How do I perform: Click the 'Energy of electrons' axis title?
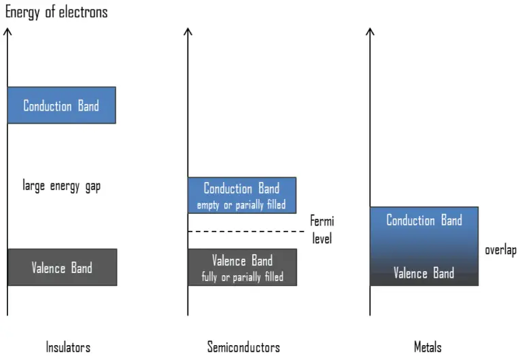point(56,12)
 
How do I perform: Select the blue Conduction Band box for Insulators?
point(61,105)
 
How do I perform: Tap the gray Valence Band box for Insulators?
point(62,267)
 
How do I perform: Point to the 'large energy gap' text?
point(61,186)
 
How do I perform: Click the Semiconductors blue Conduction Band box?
point(241,195)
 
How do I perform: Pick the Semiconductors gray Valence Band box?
point(242,267)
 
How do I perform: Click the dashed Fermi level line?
point(245,232)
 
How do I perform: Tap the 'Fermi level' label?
point(321,230)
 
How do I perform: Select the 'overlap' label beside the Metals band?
point(500,250)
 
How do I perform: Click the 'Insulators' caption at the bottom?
point(68,347)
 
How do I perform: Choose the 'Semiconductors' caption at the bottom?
point(243,347)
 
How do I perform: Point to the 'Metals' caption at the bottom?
point(428,347)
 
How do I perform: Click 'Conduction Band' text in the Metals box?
point(424,220)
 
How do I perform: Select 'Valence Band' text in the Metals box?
point(424,273)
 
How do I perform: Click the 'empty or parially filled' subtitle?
point(241,204)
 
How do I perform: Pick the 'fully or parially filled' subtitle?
point(242,276)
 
